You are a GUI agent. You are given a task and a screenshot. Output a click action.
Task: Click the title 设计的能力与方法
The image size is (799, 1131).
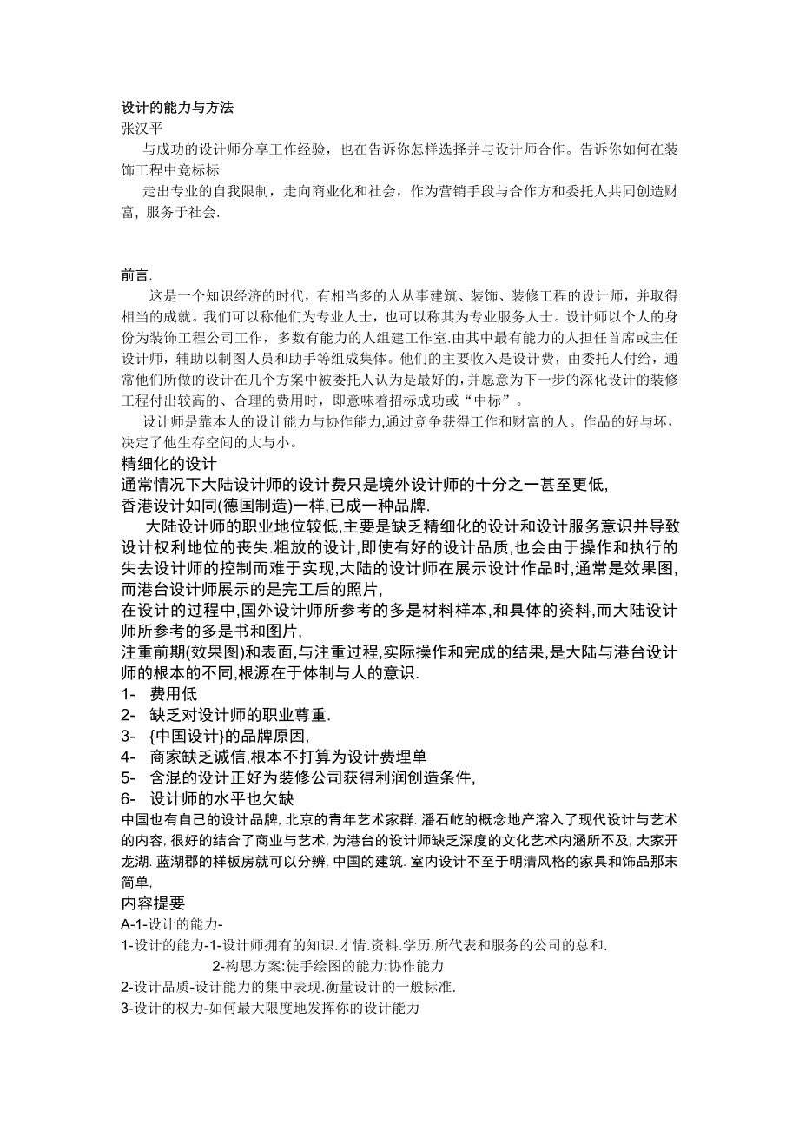(177, 109)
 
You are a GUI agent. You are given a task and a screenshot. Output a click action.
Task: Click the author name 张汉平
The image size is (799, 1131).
(140, 128)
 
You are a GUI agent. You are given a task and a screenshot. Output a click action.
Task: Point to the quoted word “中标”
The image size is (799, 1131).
(492, 400)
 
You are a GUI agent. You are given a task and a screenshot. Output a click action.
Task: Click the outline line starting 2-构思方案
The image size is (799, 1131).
(328, 966)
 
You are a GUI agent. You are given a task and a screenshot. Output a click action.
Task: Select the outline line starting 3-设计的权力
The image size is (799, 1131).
(269, 1008)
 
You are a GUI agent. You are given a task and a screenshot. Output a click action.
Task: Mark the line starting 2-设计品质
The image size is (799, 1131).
(288, 987)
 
